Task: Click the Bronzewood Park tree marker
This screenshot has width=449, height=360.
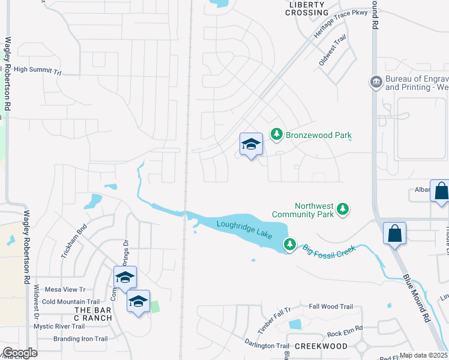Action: tap(276, 134)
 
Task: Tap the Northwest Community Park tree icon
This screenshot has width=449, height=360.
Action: tap(343, 209)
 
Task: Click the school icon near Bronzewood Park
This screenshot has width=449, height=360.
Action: tap(252, 144)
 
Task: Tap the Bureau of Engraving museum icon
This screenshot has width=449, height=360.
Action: tap(376, 82)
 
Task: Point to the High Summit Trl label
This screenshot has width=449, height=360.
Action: tap(38, 70)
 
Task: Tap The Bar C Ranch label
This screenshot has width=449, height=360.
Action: tap(93, 313)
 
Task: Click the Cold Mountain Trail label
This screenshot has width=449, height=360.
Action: tap(70, 302)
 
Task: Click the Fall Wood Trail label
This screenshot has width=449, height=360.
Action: tap(331, 307)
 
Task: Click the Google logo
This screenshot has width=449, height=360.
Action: tap(20, 353)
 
